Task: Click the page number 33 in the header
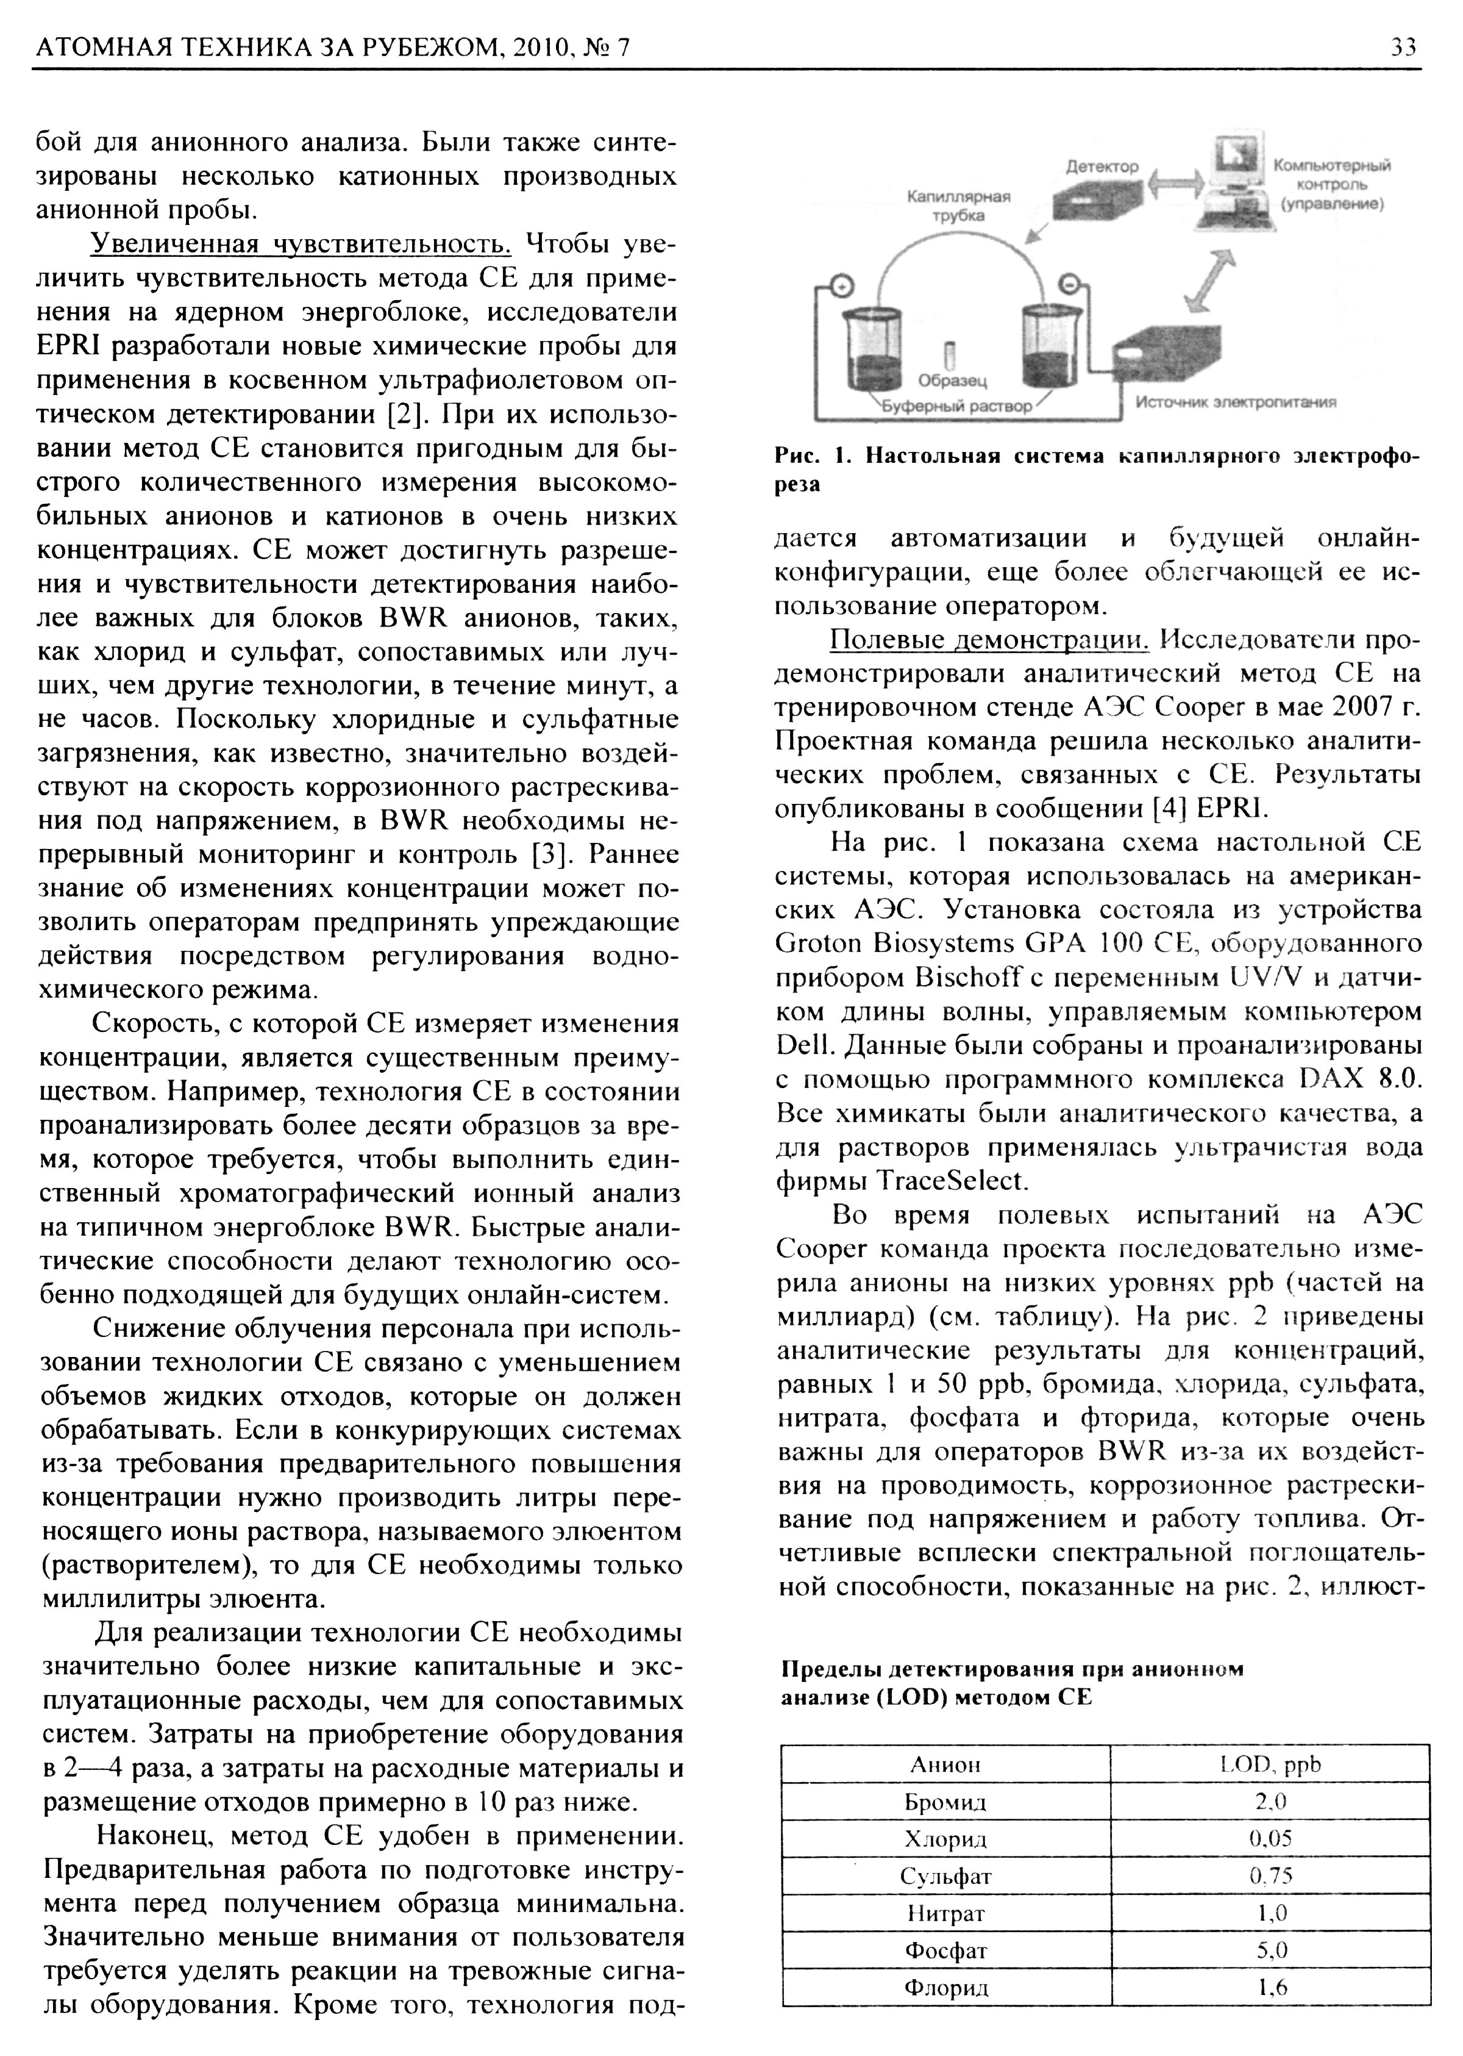tap(1403, 47)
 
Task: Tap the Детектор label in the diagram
tap(1102, 167)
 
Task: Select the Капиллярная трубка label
tap(958, 206)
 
